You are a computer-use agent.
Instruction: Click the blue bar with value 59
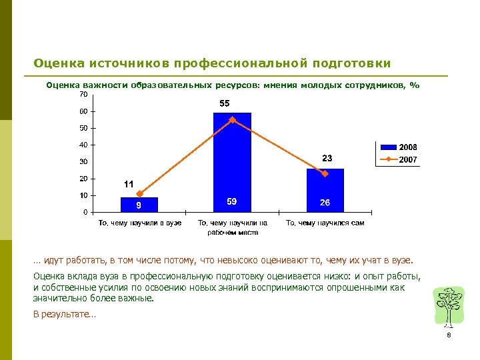pyautogui.click(x=232, y=163)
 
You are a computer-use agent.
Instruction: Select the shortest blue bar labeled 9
pyautogui.click(x=139, y=205)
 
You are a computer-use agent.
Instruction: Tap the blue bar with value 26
pyautogui.click(x=325, y=191)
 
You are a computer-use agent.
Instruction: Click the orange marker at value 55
pyautogui.click(x=233, y=120)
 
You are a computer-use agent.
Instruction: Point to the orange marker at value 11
pyautogui.click(x=140, y=194)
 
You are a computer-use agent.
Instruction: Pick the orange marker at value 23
pyautogui.click(x=325, y=174)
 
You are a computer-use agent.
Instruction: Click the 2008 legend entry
pyautogui.click(x=399, y=147)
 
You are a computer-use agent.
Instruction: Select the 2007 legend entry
pyautogui.click(x=399, y=160)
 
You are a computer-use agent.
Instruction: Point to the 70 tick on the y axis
pyautogui.click(x=84, y=95)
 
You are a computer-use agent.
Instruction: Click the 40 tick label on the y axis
pyautogui.click(x=84, y=145)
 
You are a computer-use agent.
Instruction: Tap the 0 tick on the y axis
pyautogui.click(x=85, y=212)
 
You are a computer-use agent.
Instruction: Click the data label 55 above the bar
pyautogui.click(x=225, y=103)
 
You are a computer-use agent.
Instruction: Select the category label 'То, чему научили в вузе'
pyautogui.click(x=140, y=223)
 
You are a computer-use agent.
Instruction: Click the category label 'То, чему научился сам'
pyautogui.click(x=325, y=223)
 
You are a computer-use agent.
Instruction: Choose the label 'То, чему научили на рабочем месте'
pyautogui.click(x=233, y=227)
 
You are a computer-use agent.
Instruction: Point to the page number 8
pyautogui.click(x=449, y=335)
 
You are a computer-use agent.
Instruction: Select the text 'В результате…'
pyautogui.click(x=64, y=315)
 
